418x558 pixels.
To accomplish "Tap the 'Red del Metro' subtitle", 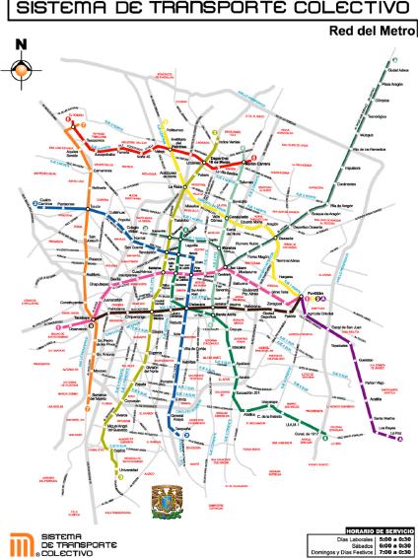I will tap(367, 31).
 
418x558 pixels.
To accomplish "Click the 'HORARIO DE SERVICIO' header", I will tap(369, 521).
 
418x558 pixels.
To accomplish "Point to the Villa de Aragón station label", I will tap(328, 201).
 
